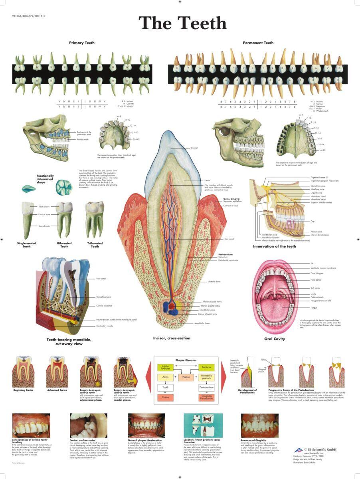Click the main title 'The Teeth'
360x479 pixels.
[182, 23]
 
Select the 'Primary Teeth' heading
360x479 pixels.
[81, 43]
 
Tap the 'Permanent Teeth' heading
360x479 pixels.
[258, 43]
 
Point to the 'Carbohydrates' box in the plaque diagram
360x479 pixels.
[166, 367]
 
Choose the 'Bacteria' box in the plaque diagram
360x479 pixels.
[206, 367]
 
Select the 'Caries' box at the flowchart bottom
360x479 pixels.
[166, 398]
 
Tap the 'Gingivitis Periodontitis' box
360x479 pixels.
[206, 398]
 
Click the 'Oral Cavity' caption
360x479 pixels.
[274, 339]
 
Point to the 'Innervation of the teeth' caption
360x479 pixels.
[274, 246]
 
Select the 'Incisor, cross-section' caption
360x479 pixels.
[172, 338]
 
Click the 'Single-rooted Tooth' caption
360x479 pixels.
[26, 245]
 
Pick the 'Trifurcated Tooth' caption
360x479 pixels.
[95, 245]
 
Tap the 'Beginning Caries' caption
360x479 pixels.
[23, 390]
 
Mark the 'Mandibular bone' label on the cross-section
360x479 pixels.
[202, 323]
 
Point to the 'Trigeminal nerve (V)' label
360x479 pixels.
[319, 177]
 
